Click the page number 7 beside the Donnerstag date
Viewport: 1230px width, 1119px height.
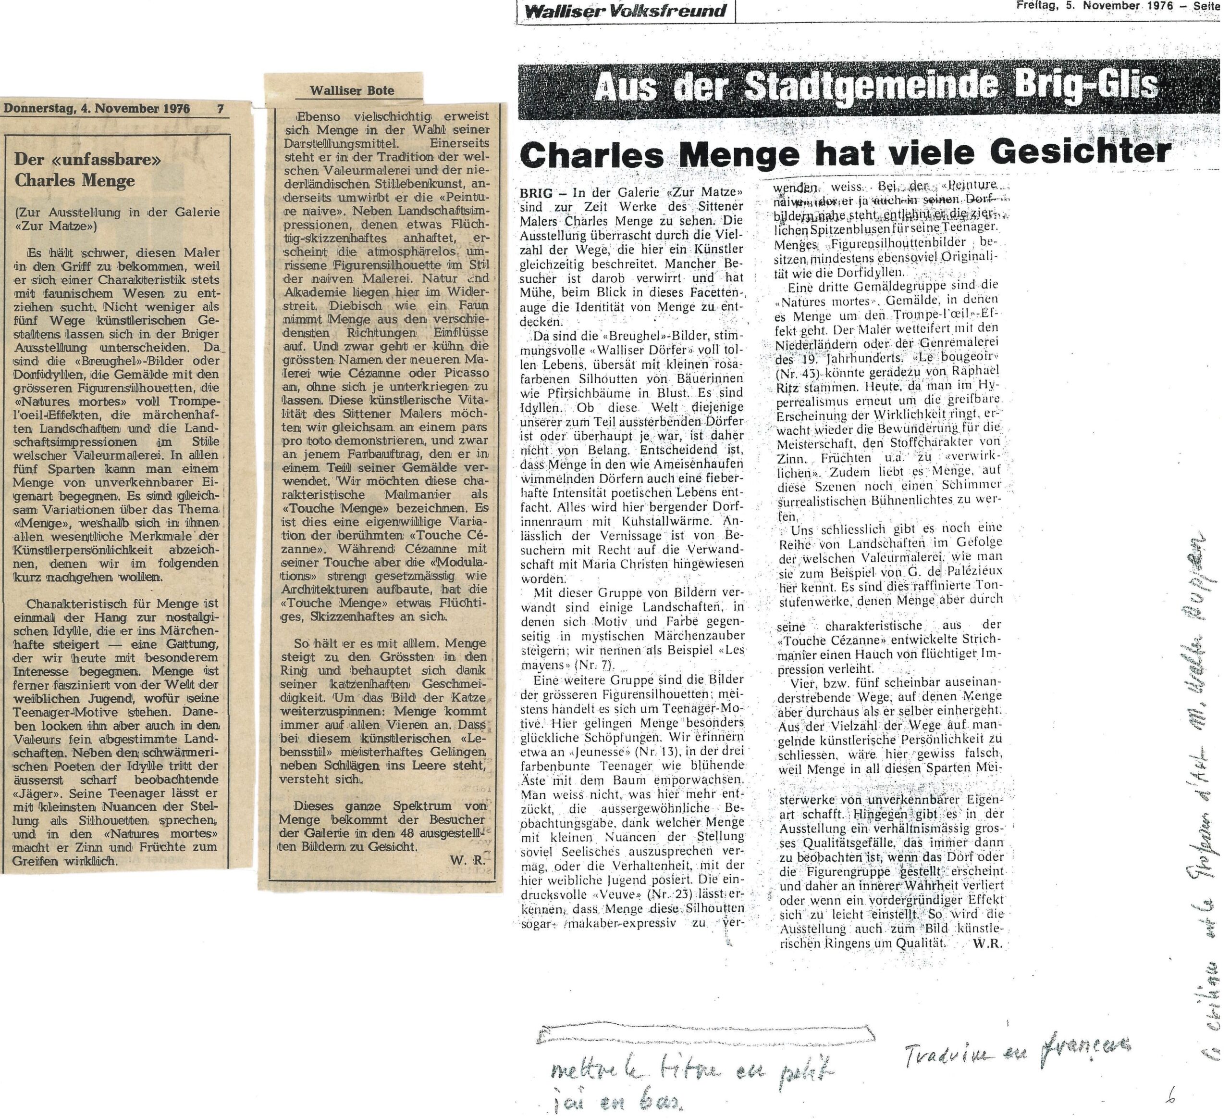point(220,109)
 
